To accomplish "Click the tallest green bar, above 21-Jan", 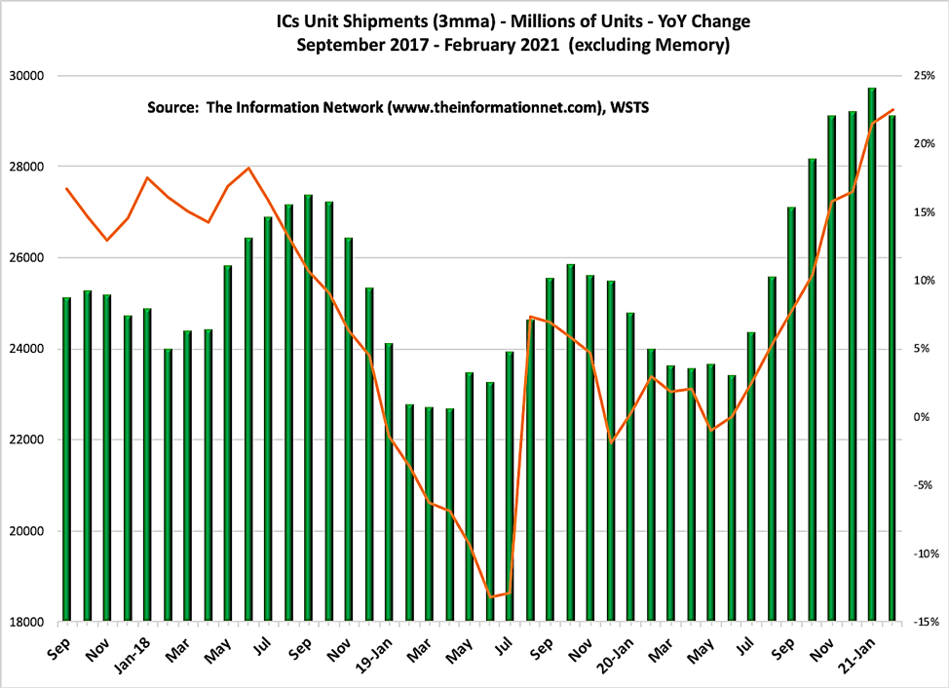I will click(872, 355).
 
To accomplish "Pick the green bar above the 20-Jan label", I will click(630, 467).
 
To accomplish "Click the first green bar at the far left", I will click(66, 459).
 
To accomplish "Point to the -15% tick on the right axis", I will click(924, 622).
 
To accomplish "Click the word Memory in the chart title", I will click(696, 44).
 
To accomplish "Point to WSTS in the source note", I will click(628, 108).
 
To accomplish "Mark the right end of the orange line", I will click(893, 110).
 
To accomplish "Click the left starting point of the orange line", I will click(66, 188).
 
